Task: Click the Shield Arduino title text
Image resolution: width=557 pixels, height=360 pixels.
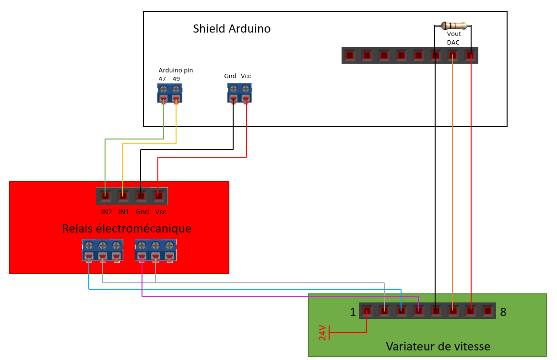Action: (x=232, y=29)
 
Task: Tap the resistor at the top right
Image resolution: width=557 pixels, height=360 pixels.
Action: (x=453, y=25)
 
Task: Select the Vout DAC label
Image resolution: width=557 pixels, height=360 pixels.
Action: (x=453, y=38)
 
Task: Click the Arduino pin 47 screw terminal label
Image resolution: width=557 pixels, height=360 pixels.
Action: (x=162, y=79)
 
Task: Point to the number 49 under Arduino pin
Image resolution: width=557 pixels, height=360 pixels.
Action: (x=176, y=79)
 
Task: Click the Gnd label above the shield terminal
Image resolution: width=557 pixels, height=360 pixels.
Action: (x=230, y=76)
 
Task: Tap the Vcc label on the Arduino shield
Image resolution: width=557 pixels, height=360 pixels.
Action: (x=246, y=76)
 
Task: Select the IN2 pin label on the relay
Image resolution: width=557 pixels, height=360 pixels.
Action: (x=107, y=211)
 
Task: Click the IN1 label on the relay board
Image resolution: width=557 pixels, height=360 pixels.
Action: (x=124, y=211)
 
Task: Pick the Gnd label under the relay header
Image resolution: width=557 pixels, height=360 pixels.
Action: (x=142, y=211)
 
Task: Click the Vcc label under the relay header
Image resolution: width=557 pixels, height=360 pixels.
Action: (x=160, y=211)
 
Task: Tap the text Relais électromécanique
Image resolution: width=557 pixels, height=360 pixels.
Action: (x=127, y=229)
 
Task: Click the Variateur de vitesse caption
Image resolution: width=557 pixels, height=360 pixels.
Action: (x=438, y=346)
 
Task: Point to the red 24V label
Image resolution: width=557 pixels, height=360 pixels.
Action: (x=322, y=332)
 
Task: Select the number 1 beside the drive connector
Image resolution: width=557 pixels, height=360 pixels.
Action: (x=353, y=313)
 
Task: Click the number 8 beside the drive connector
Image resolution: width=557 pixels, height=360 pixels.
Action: (x=503, y=312)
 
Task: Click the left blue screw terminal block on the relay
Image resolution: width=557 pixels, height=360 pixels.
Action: (x=103, y=250)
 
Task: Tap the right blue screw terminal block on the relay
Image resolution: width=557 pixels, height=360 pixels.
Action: (x=155, y=250)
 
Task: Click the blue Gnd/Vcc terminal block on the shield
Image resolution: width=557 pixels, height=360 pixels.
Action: (x=239, y=93)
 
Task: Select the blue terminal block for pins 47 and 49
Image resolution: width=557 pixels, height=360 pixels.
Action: (x=169, y=93)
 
